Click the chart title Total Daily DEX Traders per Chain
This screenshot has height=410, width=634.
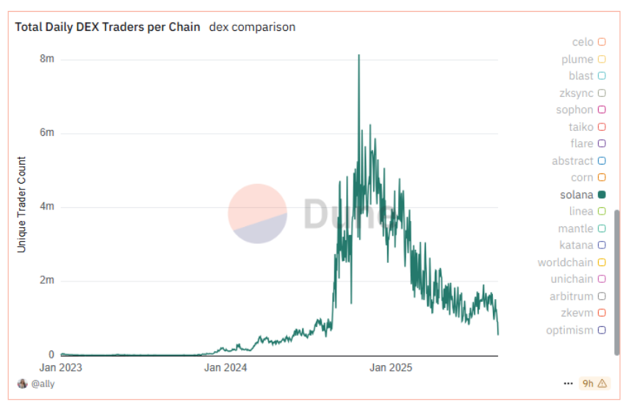tap(107, 27)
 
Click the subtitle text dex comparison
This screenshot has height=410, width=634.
tap(252, 27)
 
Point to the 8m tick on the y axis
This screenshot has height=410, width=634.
tap(47, 59)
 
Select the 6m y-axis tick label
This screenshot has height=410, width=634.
tap(47, 133)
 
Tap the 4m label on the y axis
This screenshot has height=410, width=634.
tap(47, 206)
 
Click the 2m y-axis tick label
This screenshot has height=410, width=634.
tap(47, 281)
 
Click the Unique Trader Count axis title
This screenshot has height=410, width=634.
tap(21, 204)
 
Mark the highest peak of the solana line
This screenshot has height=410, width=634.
tap(359, 55)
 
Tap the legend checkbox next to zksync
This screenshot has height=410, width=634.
tap(602, 93)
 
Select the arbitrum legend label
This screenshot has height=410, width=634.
tap(571, 296)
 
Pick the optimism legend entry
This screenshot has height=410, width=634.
tap(569, 330)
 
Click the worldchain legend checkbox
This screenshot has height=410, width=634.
tap(602, 262)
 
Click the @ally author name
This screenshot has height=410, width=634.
tap(43, 384)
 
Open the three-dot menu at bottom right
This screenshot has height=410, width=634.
tap(568, 384)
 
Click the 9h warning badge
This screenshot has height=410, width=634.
tap(594, 383)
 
